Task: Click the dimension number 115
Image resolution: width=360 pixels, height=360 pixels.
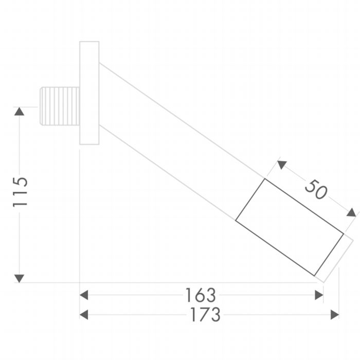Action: coord(20,192)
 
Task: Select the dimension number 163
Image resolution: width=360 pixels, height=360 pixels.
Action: coord(201,295)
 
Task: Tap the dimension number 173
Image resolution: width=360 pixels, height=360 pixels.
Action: coord(206,314)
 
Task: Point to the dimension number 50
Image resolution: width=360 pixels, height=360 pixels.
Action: coord(316,189)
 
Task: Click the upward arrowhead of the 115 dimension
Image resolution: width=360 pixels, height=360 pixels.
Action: coord(20,112)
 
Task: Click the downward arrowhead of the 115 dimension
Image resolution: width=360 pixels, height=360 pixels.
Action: coord(20,279)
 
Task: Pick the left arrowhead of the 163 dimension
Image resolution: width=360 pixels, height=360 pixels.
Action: coord(84,295)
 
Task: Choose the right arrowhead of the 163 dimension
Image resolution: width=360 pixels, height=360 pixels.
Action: coord(319,295)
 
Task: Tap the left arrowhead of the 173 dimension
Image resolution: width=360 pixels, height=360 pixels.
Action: coord(84,314)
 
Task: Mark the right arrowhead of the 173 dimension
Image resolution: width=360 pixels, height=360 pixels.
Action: coord(335,314)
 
